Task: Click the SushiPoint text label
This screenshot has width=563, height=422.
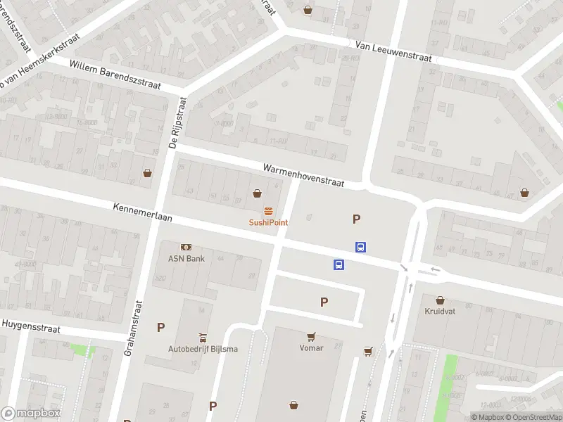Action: [268, 222]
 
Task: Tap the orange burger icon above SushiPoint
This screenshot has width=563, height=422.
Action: [268, 212]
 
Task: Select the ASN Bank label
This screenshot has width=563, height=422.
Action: [186, 258]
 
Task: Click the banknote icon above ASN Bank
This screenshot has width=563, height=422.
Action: [186, 247]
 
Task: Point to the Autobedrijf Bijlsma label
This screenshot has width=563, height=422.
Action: [203, 349]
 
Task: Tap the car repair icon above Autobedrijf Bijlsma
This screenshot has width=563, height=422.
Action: [203, 338]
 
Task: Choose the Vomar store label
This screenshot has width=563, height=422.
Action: [311, 347]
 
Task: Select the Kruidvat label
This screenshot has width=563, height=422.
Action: [441, 310]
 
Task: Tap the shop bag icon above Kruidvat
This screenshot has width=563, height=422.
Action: [441, 299]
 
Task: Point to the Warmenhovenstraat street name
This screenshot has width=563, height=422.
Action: [303, 176]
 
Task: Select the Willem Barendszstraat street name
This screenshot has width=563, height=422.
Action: [115, 75]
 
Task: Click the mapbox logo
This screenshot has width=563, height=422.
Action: [31, 414]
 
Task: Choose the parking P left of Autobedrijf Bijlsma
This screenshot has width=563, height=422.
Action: [160, 327]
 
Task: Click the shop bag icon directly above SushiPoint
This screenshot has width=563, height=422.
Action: [258, 193]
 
